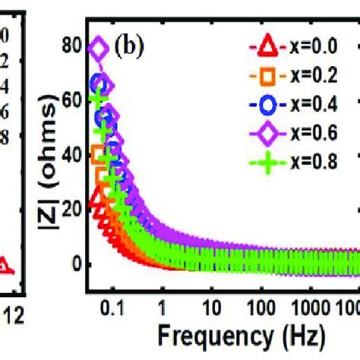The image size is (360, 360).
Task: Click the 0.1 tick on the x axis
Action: point(113,311)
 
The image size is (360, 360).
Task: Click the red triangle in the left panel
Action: point(4,266)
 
